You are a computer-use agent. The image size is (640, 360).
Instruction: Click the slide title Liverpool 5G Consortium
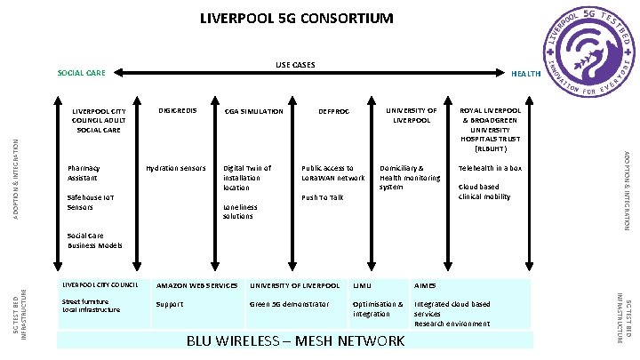[296, 18]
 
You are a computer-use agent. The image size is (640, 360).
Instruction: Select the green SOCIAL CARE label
[81, 73]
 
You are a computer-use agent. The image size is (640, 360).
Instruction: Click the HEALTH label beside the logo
[526, 73]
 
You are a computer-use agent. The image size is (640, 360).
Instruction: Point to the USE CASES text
[294, 65]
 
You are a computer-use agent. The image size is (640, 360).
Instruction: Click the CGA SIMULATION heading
[254, 111]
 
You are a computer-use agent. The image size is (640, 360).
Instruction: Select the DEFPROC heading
[333, 111]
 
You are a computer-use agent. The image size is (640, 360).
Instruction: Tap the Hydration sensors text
[175, 167]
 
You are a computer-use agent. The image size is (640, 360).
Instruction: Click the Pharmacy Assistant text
[84, 172]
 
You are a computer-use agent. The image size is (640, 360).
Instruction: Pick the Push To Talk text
[322, 197]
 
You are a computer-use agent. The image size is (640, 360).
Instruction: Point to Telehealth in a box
[489, 167]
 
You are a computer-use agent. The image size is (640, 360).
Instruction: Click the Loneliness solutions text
[240, 212]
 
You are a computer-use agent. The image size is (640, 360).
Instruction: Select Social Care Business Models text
[94, 240]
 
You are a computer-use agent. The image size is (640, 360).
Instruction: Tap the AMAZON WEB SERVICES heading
[196, 285]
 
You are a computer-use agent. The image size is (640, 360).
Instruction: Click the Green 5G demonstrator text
[289, 304]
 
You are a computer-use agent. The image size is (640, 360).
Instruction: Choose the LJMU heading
[362, 285]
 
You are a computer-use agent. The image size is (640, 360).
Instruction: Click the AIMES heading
[425, 285]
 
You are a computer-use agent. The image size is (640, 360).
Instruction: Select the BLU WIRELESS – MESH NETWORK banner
[296, 341]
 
